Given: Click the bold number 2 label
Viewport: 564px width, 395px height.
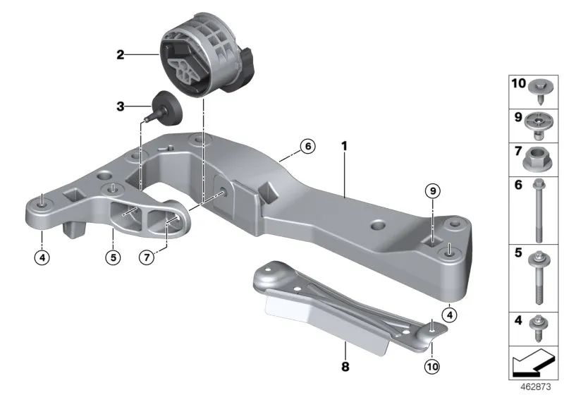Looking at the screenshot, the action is (x=120, y=55).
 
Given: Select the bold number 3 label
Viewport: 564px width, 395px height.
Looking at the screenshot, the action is (x=120, y=107).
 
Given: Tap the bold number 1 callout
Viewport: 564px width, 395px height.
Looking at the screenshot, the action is (x=344, y=146).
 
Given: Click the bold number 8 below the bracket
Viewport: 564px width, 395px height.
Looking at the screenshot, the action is (x=345, y=367).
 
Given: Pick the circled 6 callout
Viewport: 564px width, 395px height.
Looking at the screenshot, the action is (x=308, y=147).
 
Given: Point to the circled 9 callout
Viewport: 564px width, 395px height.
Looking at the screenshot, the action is (x=433, y=190).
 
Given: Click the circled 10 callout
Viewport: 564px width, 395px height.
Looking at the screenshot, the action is (x=432, y=367).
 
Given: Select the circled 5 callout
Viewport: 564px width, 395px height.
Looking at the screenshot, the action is (x=114, y=257).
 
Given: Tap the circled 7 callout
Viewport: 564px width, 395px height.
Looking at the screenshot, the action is (x=147, y=257).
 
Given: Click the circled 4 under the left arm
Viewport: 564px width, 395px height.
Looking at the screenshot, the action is (x=42, y=257).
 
